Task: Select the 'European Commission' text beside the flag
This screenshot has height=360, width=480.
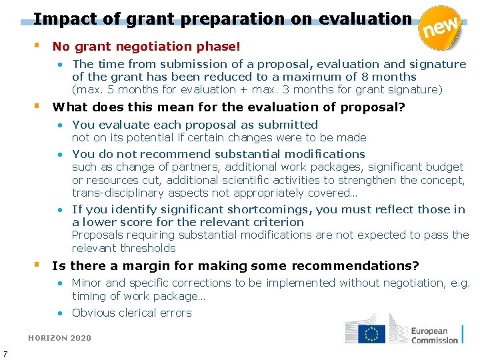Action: coord(434,335)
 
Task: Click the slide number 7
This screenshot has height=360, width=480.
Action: coord(5,353)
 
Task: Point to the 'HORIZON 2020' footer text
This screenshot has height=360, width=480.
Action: coord(59,338)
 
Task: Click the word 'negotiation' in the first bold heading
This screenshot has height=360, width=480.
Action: coord(153,47)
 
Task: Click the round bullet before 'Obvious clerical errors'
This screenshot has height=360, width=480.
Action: coord(60,313)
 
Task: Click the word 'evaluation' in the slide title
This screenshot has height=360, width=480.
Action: coord(365,19)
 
